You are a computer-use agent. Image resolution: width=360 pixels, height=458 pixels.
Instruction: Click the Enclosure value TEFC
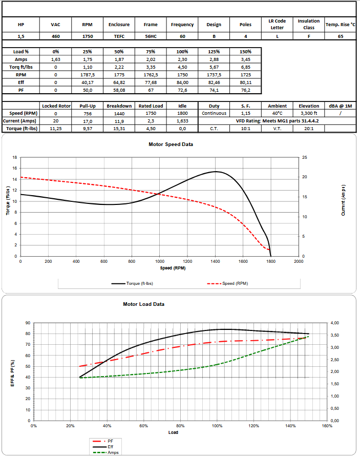pyautogui.click(x=119, y=36)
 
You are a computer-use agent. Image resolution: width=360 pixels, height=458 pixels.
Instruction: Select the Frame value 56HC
pyautogui.click(x=151, y=36)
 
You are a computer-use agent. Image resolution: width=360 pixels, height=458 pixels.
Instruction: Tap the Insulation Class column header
pyautogui.click(x=309, y=24)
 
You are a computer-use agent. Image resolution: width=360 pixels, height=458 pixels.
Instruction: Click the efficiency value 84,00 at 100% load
pyautogui.click(x=182, y=82)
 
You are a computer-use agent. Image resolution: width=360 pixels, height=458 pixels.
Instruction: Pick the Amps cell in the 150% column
pyautogui.click(x=245, y=59)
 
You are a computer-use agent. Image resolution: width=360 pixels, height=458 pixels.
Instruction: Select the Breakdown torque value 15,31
pyautogui.click(x=119, y=129)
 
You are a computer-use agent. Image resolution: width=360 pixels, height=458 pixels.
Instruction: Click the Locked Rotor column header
pyautogui.click(x=56, y=106)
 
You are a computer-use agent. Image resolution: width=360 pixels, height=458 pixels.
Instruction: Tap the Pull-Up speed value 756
pyautogui.click(x=88, y=113)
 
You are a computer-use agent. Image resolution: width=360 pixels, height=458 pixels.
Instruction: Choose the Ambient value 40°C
pyautogui.click(x=278, y=113)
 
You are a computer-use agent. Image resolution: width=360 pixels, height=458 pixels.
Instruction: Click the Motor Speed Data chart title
pyautogui.click(x=171, y=144)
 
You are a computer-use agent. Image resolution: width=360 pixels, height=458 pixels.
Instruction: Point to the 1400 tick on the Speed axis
pyautogui.click(x=215, y=261)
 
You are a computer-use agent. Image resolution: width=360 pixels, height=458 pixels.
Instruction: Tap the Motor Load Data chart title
pyautogui.click(x=143, y=304)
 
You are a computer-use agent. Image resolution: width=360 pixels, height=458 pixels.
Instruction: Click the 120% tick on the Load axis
pyautogui.click(x=253, y=426)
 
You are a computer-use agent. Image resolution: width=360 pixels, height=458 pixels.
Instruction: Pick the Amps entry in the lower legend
pyautogui.click(x=113, y=452)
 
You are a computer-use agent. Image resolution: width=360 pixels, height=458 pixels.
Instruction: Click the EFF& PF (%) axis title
pyautogui.click(x=13, y=372)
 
